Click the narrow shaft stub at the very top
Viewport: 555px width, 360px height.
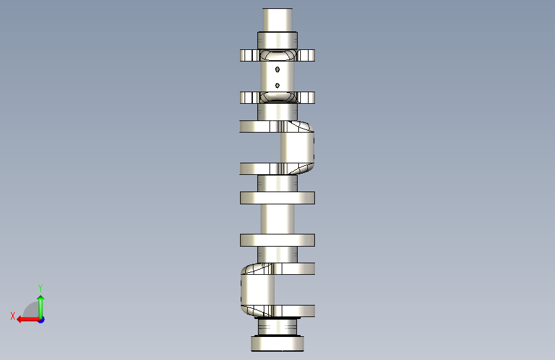pyautogui.click(x=278, y=20)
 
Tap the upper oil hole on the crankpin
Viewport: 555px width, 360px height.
pyautogui.click(x=278, y=69)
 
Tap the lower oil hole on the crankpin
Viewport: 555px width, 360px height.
pyautogui.click(x=278, y=85)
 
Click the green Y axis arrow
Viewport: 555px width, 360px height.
pyautogui.click(x=41, y=307)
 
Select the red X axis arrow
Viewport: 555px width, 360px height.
pyautogui.click(x=28, y=320)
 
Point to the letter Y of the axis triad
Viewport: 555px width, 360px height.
pyautogui.click(x=40, y=288)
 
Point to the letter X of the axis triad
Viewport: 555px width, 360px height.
pyautogui.click(x=13, y=316)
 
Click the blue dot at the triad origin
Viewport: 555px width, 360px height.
pyautogui.click(x=42, y=320)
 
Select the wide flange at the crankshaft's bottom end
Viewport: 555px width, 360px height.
pyautogui.click(x=278, y=344)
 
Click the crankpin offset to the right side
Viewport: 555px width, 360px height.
pyautogui.click(x=297, y=147)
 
